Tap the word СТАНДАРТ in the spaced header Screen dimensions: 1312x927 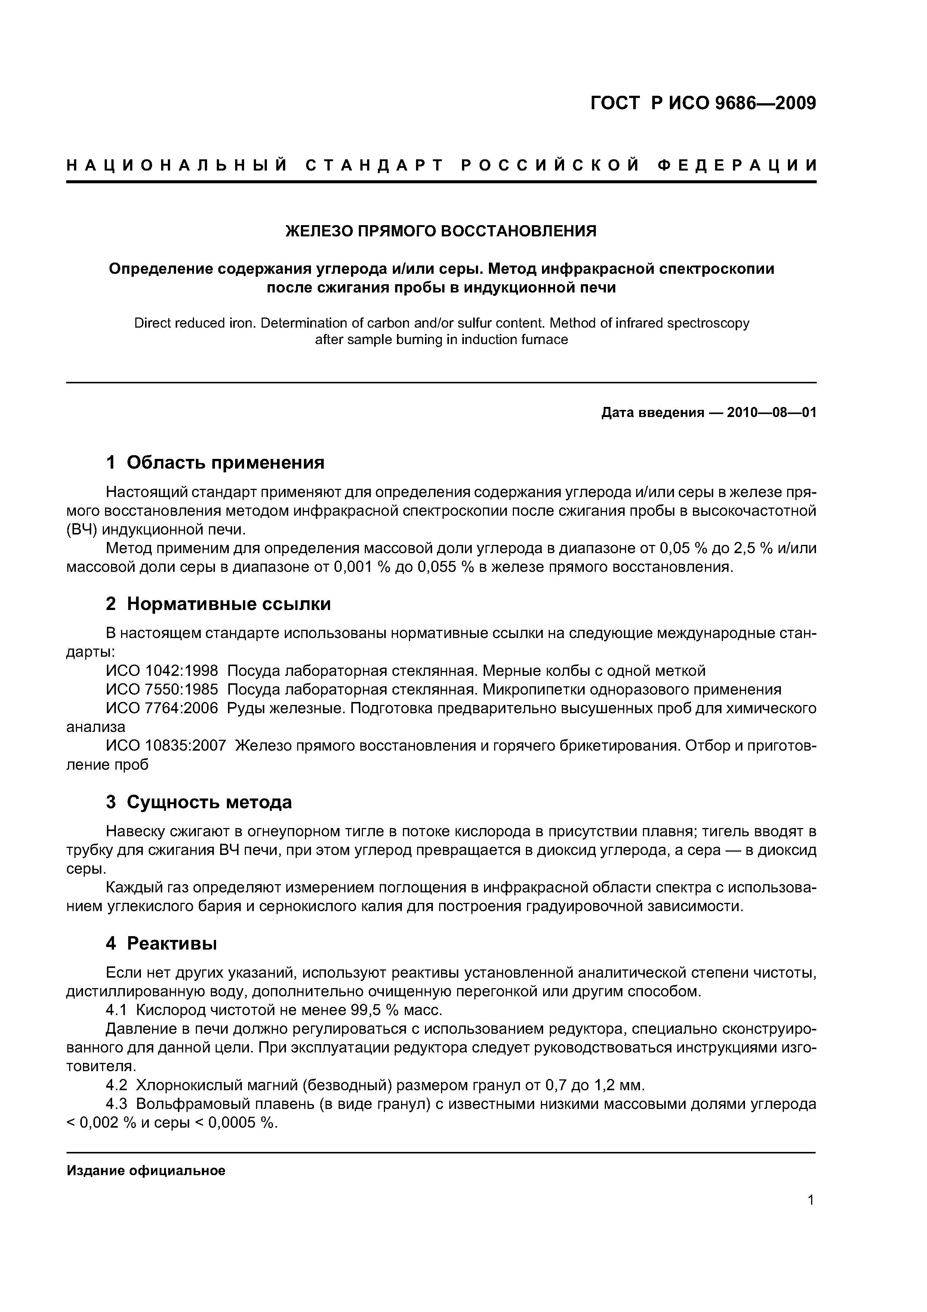(x=374, y=166)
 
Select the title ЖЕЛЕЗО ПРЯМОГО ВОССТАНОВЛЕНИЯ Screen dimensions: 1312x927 (x=440, y=231)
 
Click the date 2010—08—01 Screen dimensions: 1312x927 (x=772, y=413)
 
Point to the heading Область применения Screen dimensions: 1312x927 (x=225, y=462)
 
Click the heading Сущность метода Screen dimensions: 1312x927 (x=209, y=802)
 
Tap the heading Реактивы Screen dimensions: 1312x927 (x=171, y=944)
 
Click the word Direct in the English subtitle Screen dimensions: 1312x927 (x=152, y=324)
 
